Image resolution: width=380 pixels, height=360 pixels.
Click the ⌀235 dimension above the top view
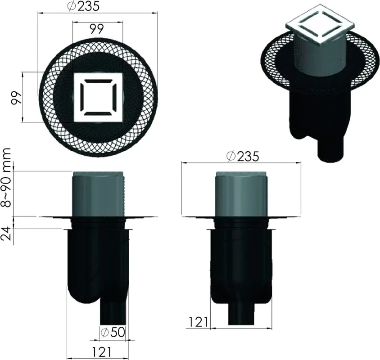point(83,6)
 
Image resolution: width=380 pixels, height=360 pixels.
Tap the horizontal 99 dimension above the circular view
point(97,29)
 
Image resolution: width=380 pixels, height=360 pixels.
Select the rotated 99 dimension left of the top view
point(17,98)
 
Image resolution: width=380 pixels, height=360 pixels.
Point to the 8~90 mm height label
point(6,178)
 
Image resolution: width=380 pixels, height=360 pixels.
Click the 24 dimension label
point(6,234)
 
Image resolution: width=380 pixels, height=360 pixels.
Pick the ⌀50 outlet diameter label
point(113,332)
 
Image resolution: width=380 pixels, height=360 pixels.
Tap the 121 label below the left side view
point(102,352)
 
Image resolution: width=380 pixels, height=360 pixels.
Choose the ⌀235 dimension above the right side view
point(243,156)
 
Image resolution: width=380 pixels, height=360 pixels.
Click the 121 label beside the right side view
point(198,322)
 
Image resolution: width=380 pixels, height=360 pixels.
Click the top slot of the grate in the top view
point(98,81)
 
